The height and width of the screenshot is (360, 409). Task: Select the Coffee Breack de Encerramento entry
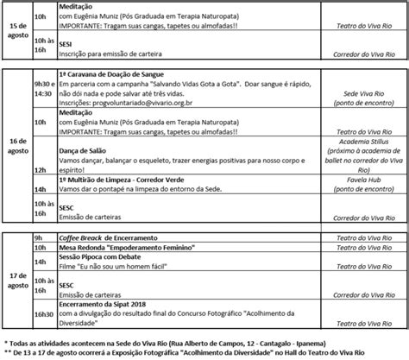pyautogui.click(x=108, y=237)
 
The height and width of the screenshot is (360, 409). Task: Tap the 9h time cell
pyautogui.click(x=39, y=237)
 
